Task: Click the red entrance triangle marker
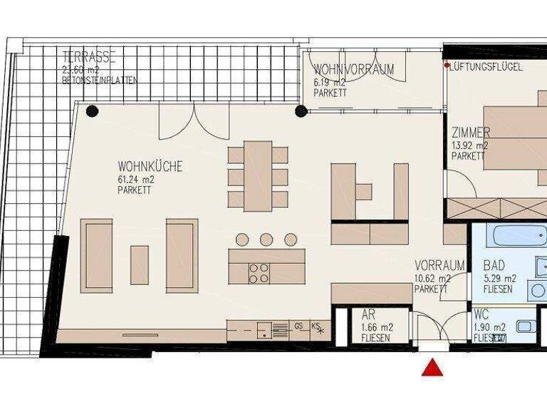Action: pos(432,368)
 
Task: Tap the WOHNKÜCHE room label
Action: pos(150,167)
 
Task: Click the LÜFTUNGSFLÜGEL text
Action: pos(488,66)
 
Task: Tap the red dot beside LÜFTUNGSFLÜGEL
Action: pos(447,66)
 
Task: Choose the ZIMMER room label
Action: pos(471,133)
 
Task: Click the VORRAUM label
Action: pos(439,265)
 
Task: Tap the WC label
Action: pos(481,315)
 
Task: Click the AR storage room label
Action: pos(368,314)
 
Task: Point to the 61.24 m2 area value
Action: pos(136,180)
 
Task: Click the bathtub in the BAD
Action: pos(512,235)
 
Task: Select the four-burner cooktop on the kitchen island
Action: pos(259,273)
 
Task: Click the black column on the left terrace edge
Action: pos(92,110)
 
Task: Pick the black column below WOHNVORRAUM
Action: pos(301,110)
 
